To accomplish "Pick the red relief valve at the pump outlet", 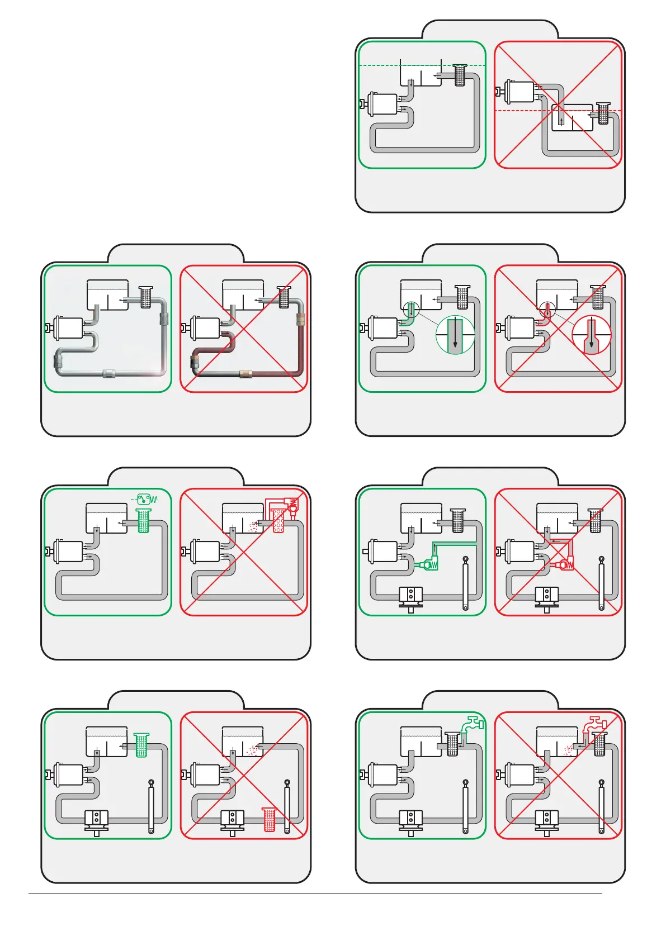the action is coord(565,565).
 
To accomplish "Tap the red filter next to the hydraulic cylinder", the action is coord(270,819).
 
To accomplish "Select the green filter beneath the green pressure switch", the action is coord(143,521).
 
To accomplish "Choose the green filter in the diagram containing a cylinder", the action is coord(141,745).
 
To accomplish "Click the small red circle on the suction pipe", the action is coord(547,310).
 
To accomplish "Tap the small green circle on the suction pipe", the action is coord(411,310).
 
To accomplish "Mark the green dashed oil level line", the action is coord(380,66).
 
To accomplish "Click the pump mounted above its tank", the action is coord(520,92).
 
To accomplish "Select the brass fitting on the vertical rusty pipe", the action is coord(301,321).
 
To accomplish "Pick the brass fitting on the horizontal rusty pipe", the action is coord(245,373).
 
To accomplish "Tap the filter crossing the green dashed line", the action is coord(460,75).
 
